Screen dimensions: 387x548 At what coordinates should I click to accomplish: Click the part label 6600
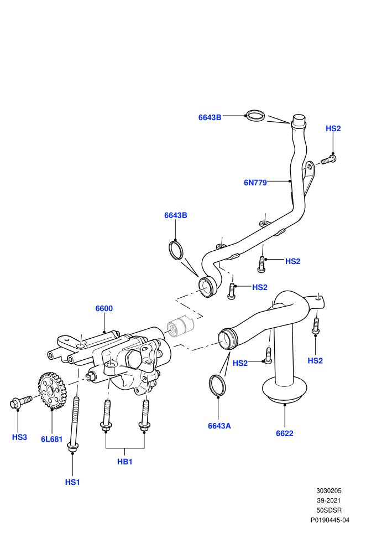coord(104,308)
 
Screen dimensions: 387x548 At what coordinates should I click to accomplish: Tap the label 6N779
coord(255,183)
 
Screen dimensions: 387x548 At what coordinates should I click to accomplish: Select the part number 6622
coord(284,433)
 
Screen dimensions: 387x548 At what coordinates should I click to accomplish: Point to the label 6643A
coord(219,426)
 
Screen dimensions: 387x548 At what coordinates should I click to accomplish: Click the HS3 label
coord(19,437)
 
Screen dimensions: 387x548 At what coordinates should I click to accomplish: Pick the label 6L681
coord(51,440)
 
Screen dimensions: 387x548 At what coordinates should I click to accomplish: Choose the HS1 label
coord(72,482)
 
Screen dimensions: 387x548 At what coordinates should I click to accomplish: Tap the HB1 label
coord(124,462)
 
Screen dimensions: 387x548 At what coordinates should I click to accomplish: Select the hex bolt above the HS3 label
coord(21,402)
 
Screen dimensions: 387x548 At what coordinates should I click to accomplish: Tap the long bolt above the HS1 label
coord(74,425)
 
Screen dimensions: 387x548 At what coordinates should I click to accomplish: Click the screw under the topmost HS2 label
coord(328,160)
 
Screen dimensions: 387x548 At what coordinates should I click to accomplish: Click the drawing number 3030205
coord(329,490)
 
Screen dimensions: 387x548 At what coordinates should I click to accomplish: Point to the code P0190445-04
coord(330,520)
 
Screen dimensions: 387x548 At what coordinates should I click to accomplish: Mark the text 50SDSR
coord(329,510)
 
